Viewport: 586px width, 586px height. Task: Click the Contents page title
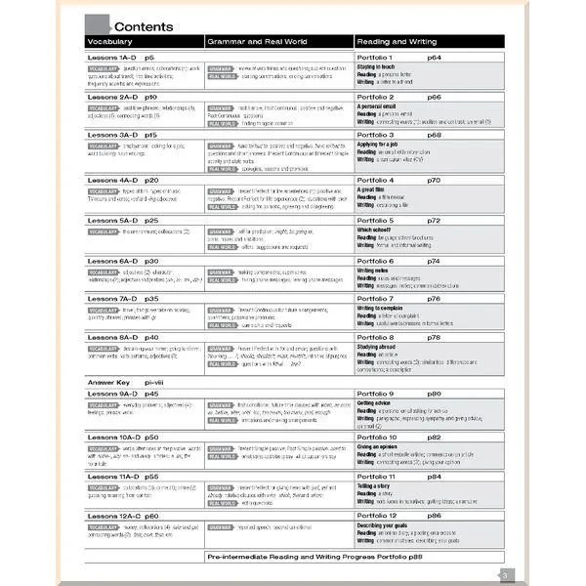point(144,26)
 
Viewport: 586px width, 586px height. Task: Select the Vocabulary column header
point(116,42)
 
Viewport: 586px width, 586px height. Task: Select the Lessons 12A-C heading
point(124,514)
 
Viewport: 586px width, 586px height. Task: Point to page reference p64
point(436,61)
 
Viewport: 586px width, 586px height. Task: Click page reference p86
point(435,514)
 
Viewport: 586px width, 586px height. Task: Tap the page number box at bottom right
point(503,575)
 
